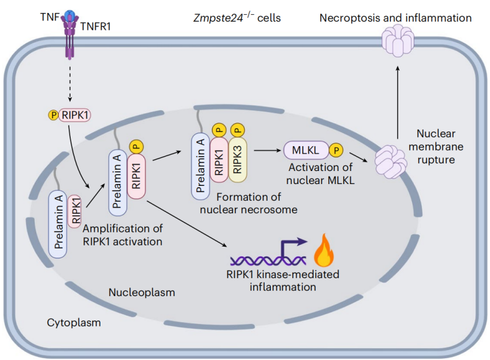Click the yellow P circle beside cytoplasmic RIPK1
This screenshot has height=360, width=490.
(53, 115)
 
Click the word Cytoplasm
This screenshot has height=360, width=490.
(74, 323)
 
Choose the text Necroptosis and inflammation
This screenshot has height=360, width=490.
(395, 17)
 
